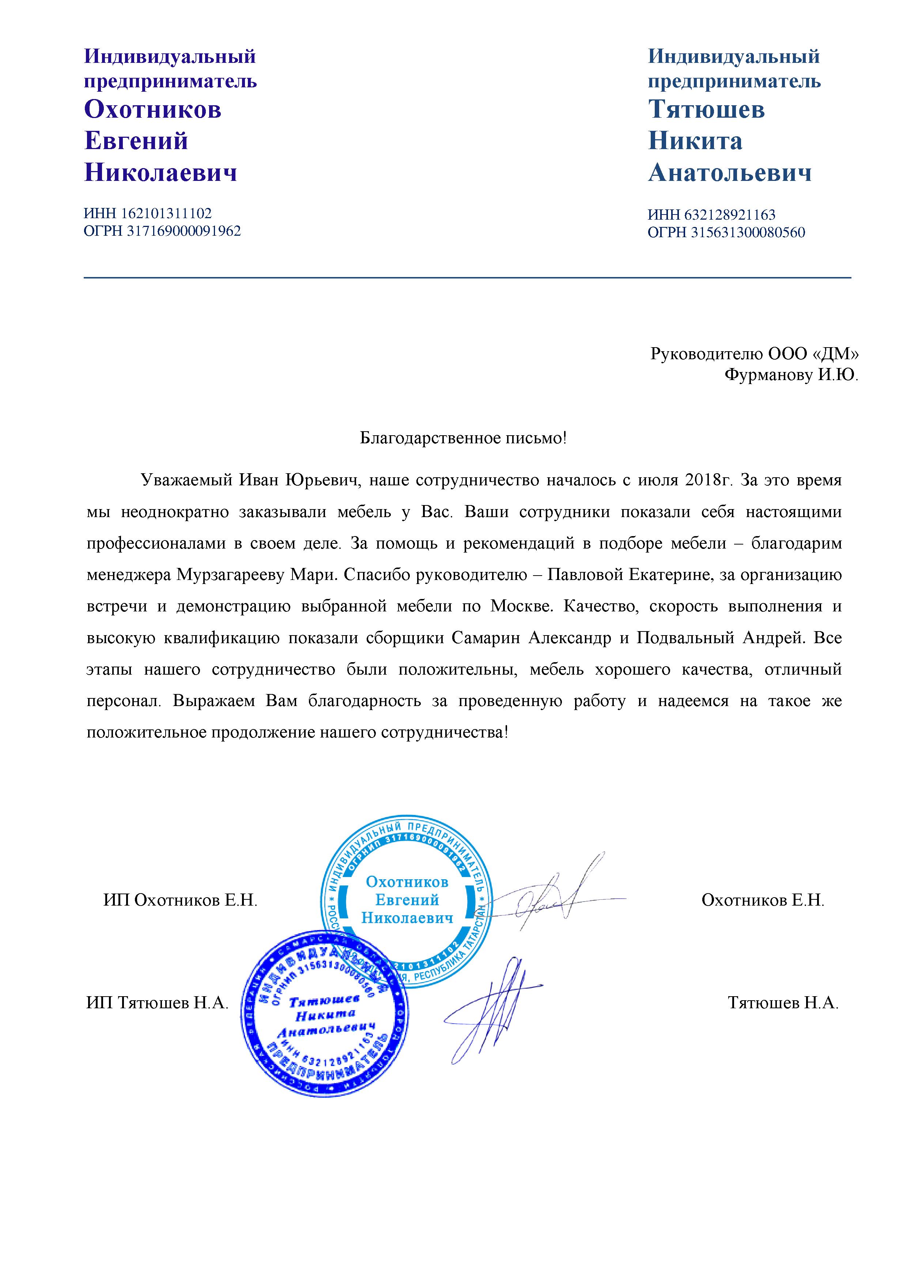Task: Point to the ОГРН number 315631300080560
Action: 748,232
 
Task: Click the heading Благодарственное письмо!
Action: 463,438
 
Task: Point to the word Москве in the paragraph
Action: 521,606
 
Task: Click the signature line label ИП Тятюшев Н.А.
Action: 158,1004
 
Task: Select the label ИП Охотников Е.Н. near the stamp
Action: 180,900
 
